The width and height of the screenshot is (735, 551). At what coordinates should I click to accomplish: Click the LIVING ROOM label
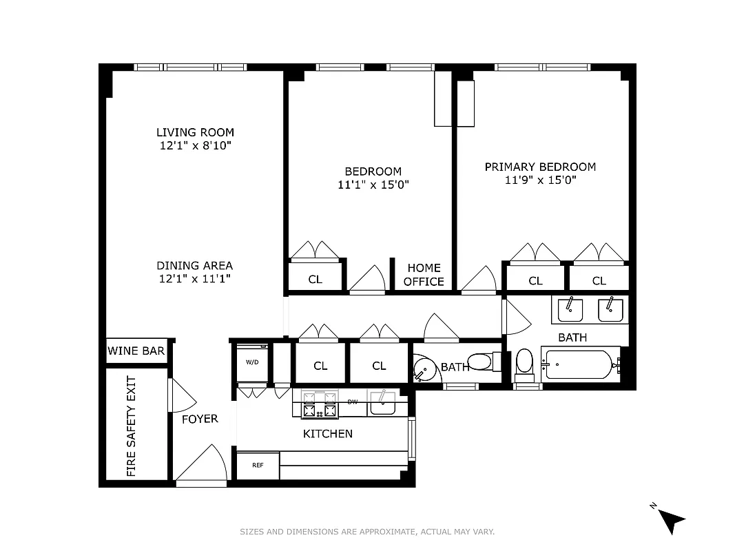pos(195,132)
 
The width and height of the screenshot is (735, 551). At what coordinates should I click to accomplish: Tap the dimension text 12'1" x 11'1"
pos(194,279)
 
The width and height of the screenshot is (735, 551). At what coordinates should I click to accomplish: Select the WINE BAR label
pos(136,351)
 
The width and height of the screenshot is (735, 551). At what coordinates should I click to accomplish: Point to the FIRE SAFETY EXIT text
pos(132,426)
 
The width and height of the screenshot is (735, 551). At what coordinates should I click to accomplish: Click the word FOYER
pos(200,419)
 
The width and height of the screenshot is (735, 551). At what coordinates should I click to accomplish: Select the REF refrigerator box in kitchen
pos(258,466)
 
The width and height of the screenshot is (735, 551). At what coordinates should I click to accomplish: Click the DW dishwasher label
pos(353,402)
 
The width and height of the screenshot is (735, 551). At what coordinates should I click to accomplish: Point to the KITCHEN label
pos(328,434)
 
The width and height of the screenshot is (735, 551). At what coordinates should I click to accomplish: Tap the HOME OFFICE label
pos(424,275)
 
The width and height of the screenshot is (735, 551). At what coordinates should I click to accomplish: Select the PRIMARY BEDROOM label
pos(540,167)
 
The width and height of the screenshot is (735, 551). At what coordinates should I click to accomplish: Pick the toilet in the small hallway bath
pos(480,361)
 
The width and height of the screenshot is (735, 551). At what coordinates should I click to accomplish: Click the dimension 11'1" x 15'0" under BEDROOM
pos(374,185)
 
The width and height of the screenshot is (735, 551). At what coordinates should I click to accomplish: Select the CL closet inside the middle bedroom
pos(315,280)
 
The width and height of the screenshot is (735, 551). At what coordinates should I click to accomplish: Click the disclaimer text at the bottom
pos(367,532)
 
